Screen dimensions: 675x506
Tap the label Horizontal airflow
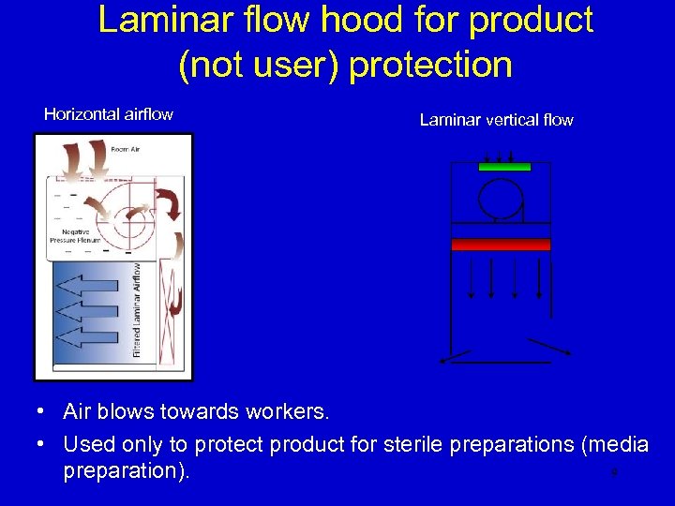point(109,114)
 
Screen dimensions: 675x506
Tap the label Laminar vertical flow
point(496,120)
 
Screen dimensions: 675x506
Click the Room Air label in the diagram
point(125,149)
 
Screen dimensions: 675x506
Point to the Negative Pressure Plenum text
point(75,235)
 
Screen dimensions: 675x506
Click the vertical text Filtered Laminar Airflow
point(137,309)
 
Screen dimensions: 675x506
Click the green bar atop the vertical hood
point(504,167)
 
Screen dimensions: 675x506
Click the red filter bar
point(501,245)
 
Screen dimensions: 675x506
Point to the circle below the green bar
point(499,198)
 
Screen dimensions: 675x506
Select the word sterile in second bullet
point(412,444)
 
